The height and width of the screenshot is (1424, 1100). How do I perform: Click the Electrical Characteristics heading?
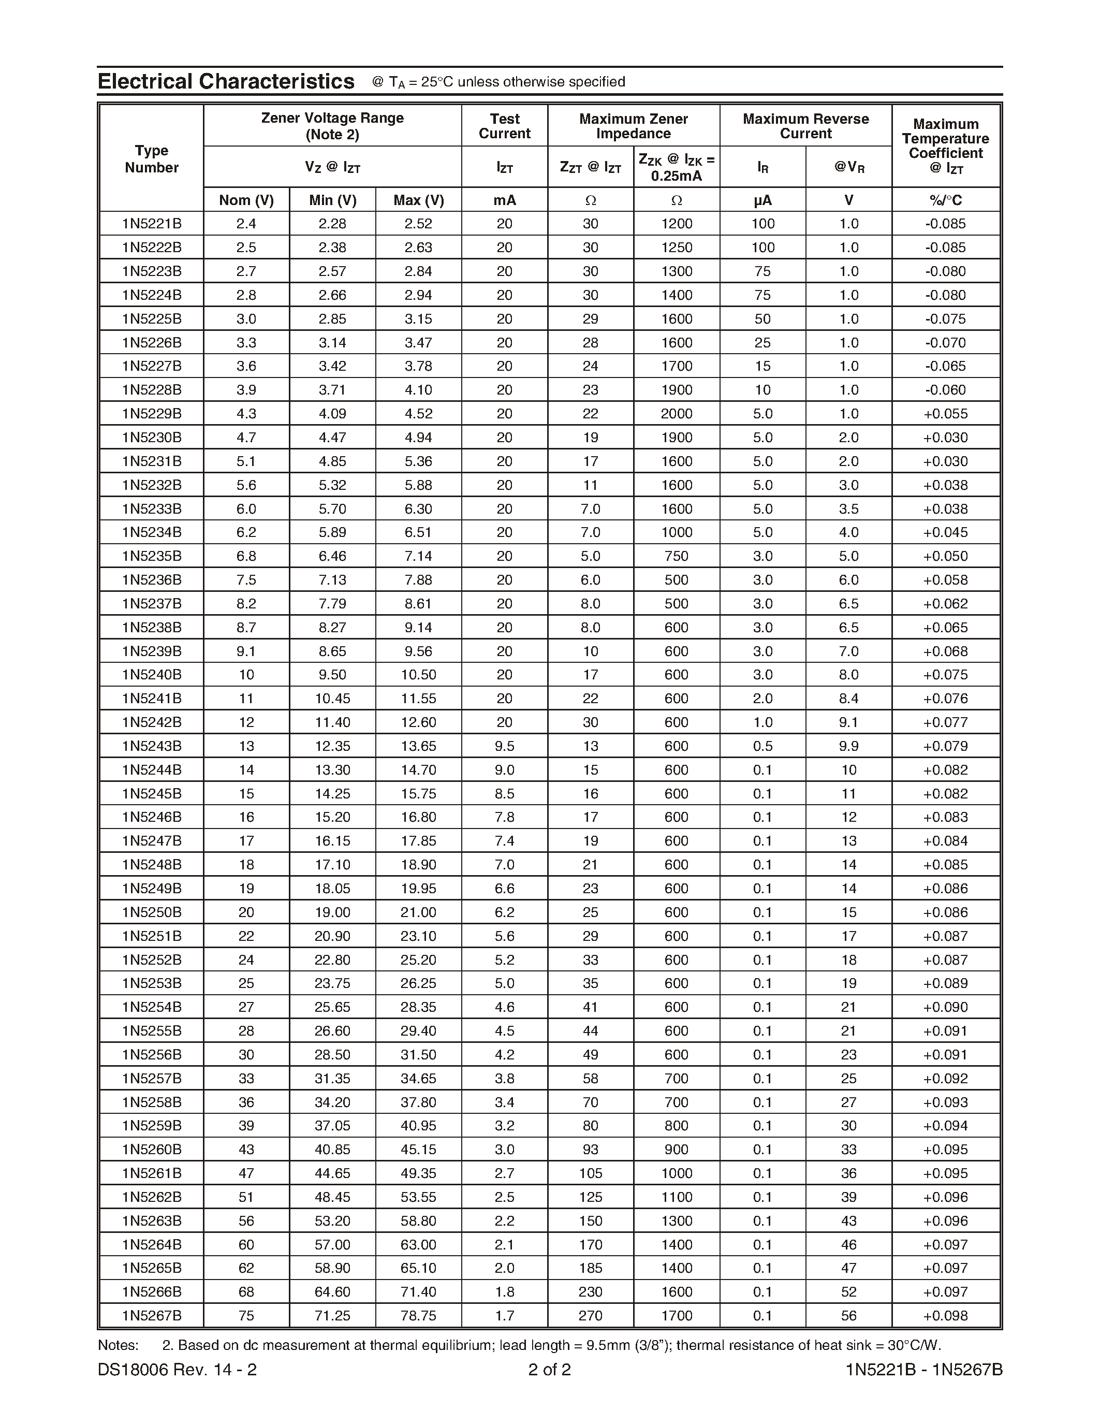click(x=226, y=81)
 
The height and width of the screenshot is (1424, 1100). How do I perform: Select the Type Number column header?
click(x=151, y=159)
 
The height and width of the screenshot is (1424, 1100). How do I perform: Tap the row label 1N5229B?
click(x=151, y=413)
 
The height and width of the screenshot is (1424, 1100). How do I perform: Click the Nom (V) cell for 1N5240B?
click(x=246, y=675)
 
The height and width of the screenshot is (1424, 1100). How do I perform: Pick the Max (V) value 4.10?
click(x=418, y=390)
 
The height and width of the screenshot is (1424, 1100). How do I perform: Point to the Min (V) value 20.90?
click(x=332, y=936)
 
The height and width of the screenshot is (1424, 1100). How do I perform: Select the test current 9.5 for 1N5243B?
click(x=504, y=746)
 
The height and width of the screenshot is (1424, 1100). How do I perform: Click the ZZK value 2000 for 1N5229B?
click(x=677, y=413)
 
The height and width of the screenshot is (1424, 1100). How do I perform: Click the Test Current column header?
click(x=504, y=126)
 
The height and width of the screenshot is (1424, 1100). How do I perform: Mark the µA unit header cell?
click(x=762, y=200)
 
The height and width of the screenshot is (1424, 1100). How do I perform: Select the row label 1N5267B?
click(x=151, y=1316)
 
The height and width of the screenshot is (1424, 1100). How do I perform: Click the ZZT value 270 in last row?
click(x=591, y=1316)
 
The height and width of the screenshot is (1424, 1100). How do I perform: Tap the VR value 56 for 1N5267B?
click(x=848, y=1316)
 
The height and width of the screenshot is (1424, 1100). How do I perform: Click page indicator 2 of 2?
click(x=549, y=1369)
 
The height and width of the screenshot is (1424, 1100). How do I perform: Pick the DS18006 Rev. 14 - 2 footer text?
click(x=177, y=1369)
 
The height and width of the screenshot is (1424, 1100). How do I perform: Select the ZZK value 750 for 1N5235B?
click(x=677, y=556)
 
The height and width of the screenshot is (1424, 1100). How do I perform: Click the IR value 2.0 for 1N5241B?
click(x=762, y=699)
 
